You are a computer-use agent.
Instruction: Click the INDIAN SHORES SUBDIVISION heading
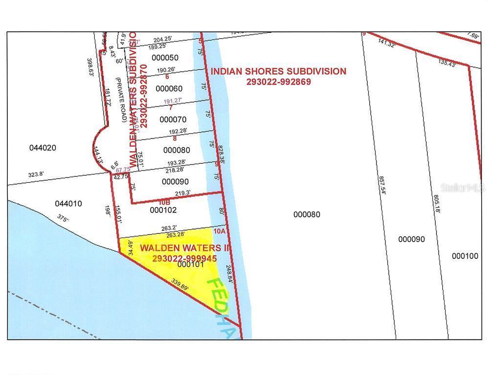coord(278,71)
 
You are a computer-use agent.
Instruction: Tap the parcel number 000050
coord(166,58)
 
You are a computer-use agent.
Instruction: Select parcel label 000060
coord(169,88)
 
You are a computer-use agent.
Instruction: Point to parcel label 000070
coord(173,119)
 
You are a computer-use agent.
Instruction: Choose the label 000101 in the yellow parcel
coord(191,265)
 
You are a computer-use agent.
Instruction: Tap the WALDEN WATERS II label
coord(185,248)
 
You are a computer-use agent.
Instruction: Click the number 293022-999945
coord(184,258)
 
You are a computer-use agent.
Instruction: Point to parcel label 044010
coord(68,203)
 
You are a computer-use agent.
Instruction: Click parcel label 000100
coord(465,256)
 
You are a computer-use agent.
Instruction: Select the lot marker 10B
coord(164,201)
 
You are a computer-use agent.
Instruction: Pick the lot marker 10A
coord(218,231)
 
